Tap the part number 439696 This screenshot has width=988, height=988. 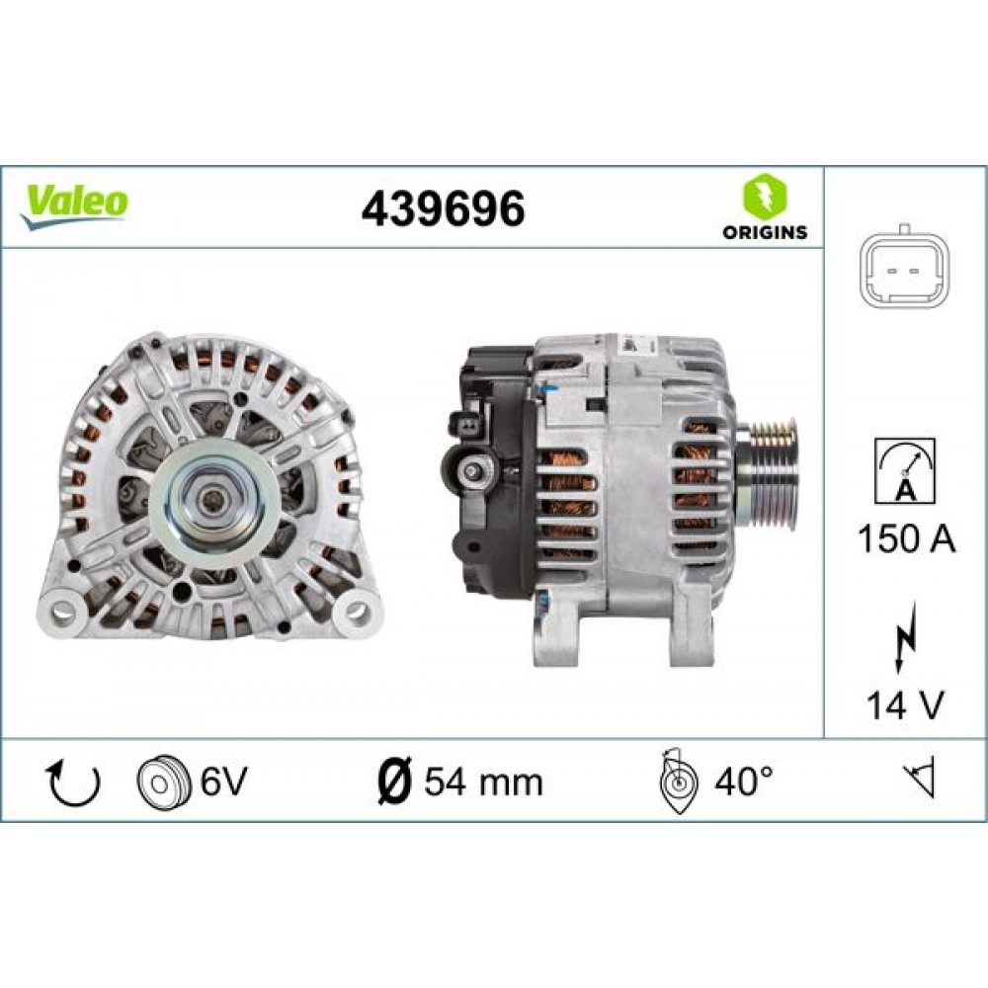[x=443, y=207]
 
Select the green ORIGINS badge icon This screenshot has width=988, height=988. [x=763, y=197]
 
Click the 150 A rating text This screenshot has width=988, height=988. [x=906, y=540]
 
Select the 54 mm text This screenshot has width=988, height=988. [x=483, y=782]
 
